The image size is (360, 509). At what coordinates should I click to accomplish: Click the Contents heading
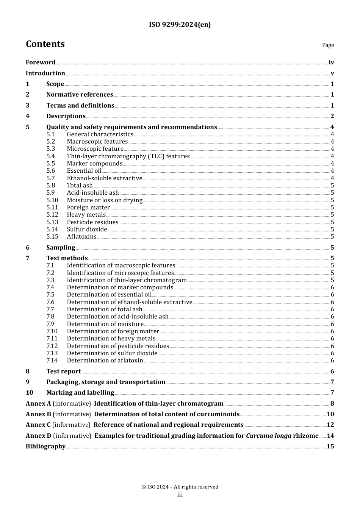click(45, 44)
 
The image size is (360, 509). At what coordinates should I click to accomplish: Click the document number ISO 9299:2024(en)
click(180, 25)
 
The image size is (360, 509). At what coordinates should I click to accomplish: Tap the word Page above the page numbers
click(328, 45)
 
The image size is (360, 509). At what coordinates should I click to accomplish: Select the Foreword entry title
click(41, 62)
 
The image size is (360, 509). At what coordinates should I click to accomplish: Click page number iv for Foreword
click(331, 62)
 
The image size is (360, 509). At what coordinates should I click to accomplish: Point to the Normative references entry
click(80, 95)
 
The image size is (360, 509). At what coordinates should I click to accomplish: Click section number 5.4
click(51, 156)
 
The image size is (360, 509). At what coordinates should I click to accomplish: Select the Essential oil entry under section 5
click(84, 171)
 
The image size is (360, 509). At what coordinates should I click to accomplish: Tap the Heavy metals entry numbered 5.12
click(86, 215)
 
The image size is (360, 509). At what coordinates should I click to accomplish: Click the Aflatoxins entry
click(81, 237)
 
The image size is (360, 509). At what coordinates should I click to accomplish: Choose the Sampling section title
click(61, 248)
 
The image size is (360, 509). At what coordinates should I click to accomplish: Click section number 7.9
click(50, 324)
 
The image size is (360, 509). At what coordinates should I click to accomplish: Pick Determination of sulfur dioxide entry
click(112, 353)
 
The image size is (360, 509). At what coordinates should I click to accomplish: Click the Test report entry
click(63, 372)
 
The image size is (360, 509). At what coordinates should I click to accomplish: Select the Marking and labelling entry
click(80, 393)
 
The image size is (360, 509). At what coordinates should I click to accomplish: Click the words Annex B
click(38, 414)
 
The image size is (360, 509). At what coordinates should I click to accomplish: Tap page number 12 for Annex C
click(330, 425)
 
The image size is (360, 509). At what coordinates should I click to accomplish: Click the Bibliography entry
click(45, 447)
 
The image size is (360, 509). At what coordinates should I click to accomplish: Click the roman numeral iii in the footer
click(180, 495)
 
